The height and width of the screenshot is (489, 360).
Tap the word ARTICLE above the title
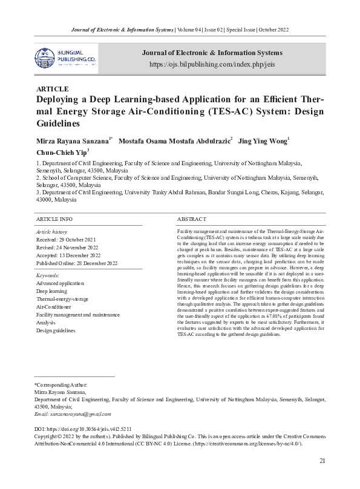pyautogui.click(x=53, y=88)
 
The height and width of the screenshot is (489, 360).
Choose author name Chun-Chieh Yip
pyautogui.click(x=61, y=152)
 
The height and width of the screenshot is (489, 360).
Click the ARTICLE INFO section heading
pyautogui.click(x=54, y=218)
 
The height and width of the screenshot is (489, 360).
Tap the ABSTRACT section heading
pyautogui.click(x=191, y=218)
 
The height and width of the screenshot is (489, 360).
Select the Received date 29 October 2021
pyautogui.click(x=67, y=240)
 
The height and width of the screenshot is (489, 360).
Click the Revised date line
pyautogui.click(x=67, y=248)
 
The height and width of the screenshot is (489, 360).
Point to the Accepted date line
pyautogui.click(x=68, y=255)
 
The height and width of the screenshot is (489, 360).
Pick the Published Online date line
pyautogui.click(x=77, y=263)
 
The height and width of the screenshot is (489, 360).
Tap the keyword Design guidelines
pyautogui.click(x=56, y=330)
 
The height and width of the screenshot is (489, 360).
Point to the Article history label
pyautogui.click(x=52, y=232)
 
